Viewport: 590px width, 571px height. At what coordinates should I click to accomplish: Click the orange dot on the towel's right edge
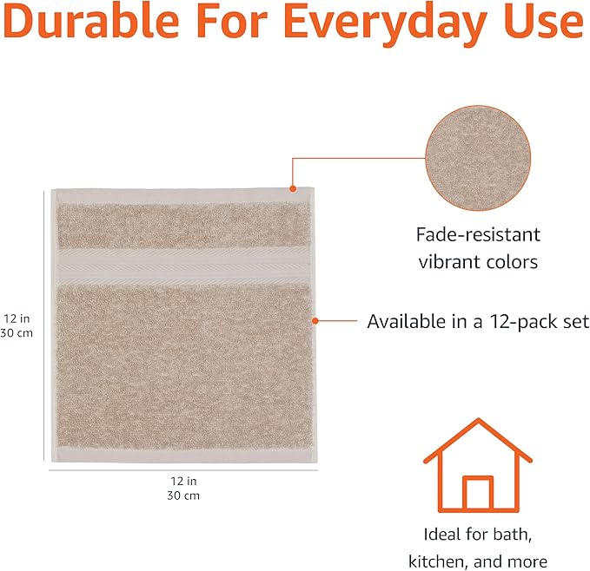pyautogui.click(x=315, y=321)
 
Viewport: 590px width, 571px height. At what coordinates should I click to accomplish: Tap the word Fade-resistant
pyautogui.click(x=477, y=234)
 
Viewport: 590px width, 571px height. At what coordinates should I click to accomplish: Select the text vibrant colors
pyautogui.click(x=477, y=262)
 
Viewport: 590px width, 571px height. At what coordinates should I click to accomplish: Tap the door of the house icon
pyautogui.click(x=477, y=495)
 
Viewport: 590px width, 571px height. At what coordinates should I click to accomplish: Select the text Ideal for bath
pyautogui.click(x=477, y=533)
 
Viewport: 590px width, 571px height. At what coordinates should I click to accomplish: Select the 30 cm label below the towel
pyautogui.click(x=182, y=496)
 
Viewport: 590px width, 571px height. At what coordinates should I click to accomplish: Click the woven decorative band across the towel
pyautogui.click(x=183, y=259)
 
